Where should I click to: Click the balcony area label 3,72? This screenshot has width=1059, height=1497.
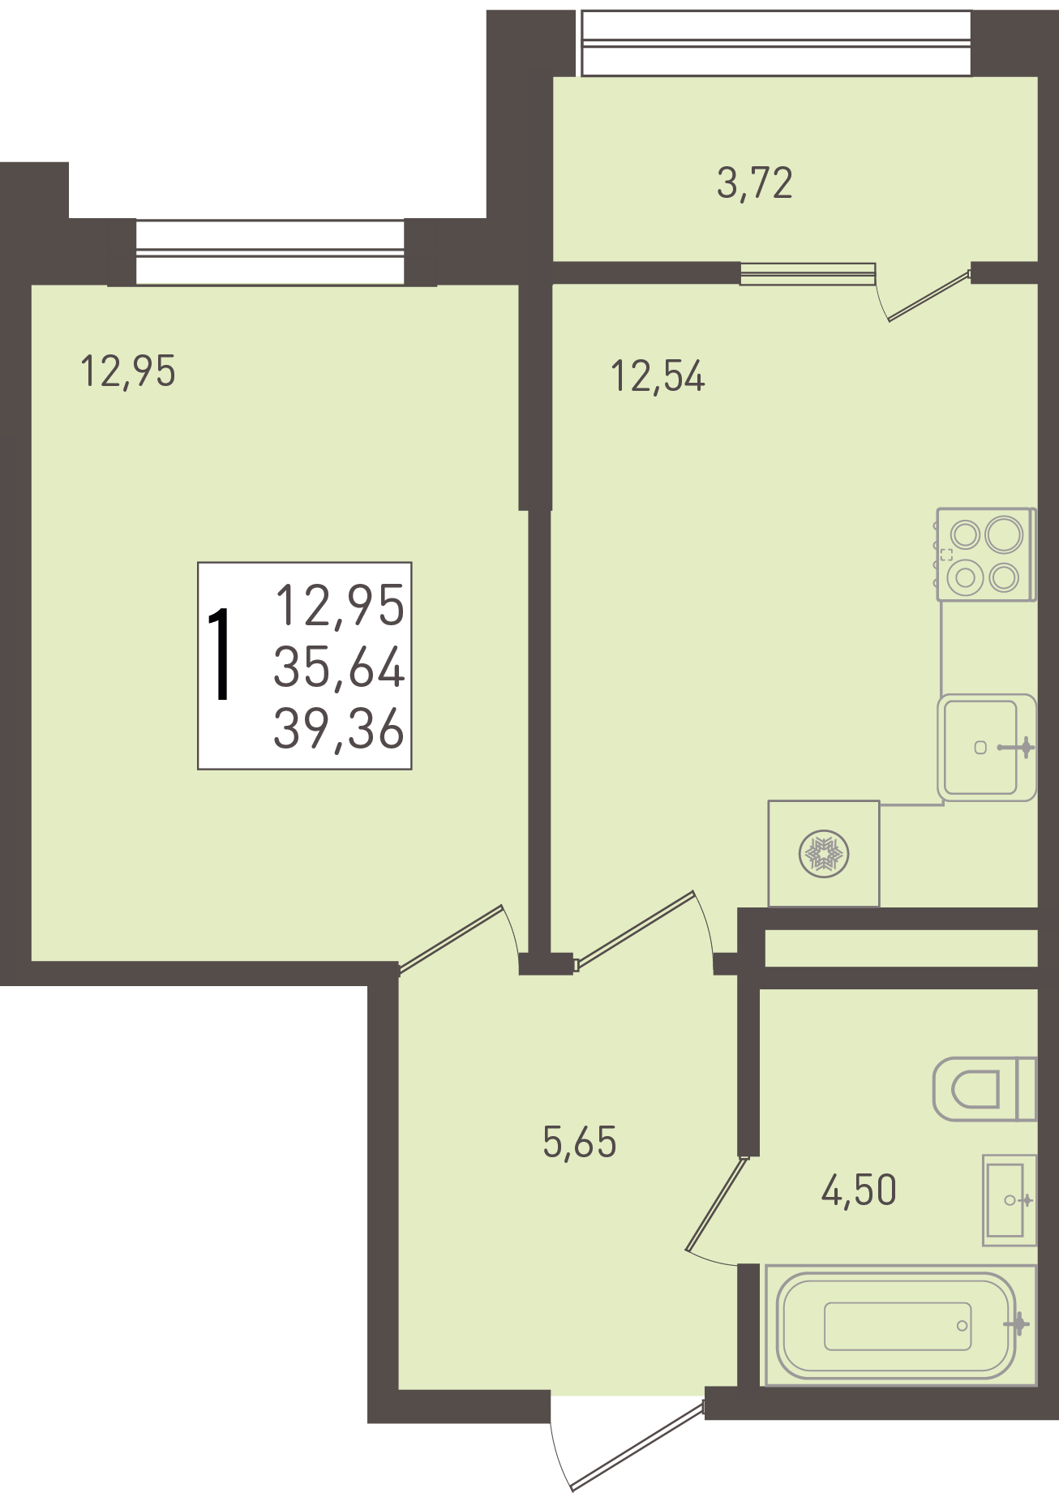tap(755, 183)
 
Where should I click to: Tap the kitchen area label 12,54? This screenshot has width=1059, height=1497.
tap(658, 376)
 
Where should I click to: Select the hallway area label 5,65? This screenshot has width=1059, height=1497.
tap(580, 1142)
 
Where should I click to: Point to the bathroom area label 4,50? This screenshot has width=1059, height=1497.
tap(859, 1190)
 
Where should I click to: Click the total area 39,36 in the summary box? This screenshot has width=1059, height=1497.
tap(339, 728)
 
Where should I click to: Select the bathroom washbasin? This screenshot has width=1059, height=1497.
tap(1010, 1200)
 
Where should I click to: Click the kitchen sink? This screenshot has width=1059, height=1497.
tap(987, 747)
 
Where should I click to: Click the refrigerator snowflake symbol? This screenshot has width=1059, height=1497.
tap(824, 854)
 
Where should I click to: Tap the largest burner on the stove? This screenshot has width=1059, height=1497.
tap(1004, 535)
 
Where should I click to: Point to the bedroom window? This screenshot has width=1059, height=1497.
tap(270, 252)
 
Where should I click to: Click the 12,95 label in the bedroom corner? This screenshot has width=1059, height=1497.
tap(128, 371)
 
